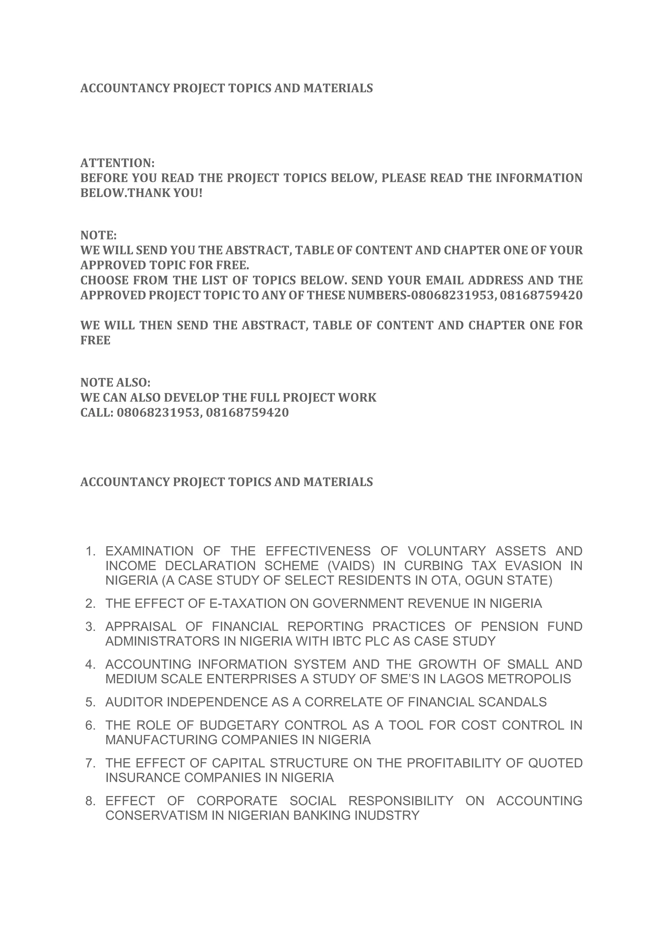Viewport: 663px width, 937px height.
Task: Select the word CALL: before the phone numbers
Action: (96, 413)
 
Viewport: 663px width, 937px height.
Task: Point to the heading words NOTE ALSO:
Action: (116, 383)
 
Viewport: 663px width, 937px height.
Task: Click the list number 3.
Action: (90, 627)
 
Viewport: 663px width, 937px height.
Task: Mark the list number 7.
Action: (90, 764)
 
